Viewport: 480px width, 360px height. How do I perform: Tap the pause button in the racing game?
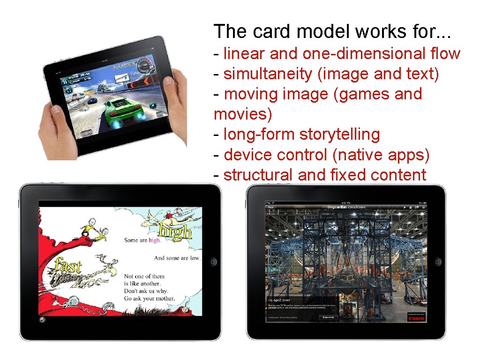[70, 90]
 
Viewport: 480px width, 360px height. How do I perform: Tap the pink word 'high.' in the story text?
[155, 240]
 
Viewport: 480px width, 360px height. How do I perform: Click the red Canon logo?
[416, 318]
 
